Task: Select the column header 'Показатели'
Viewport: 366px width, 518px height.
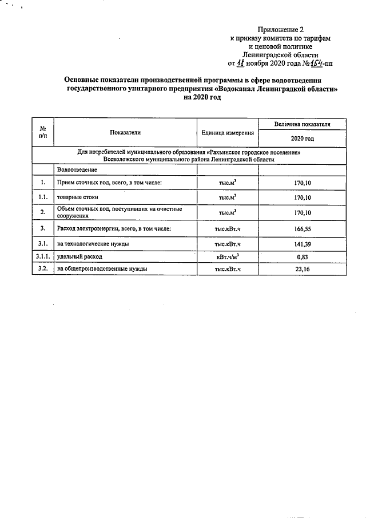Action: (125, 132)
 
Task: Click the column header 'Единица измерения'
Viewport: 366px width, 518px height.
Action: (228, 132)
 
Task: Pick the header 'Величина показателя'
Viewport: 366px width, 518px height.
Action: (302, 124)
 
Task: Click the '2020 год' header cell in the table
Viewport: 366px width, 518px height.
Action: (302, 139)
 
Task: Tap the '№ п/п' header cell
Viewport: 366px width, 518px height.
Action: (43, 132)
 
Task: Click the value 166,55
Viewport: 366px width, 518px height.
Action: (301, 228)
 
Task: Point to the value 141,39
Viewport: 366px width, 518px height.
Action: (301, 243)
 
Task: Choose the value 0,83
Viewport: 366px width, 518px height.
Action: (301, 256)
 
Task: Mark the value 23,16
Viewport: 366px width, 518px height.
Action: (301, 268)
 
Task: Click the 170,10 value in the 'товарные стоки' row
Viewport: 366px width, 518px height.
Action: (301, 197)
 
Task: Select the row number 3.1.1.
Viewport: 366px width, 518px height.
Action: (43, 256)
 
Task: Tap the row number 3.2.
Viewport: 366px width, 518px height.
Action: (43, 268)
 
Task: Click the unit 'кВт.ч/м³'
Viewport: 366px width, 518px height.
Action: (228, 256)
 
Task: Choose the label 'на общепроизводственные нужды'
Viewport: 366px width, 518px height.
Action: (102, 268)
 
